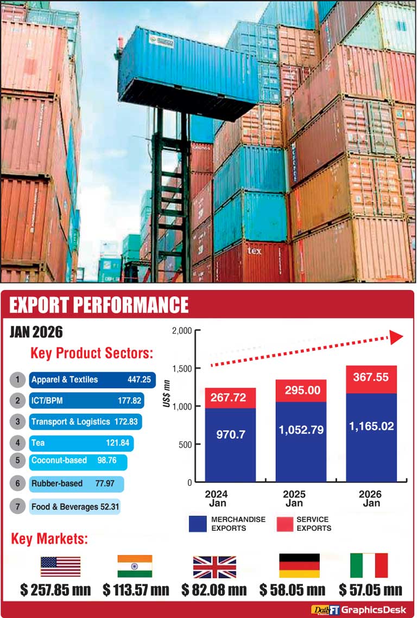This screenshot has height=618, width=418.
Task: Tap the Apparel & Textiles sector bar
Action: click(92, 379)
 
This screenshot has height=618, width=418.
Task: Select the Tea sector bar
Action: click(81, 443)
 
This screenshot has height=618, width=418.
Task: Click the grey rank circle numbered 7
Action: click(18, 507)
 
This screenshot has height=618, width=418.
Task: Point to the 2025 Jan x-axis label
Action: click(294, 498)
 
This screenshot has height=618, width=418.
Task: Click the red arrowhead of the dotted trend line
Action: click(396, 338)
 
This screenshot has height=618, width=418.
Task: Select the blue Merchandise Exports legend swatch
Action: click(198, 524)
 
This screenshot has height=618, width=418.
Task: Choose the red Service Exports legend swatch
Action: click(285, 524)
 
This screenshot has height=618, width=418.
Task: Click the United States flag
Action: click(60, 566)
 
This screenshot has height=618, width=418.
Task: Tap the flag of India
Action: click(135, 566)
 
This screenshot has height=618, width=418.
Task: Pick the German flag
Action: click(299, 566)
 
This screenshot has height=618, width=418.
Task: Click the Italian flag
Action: click(369, 566)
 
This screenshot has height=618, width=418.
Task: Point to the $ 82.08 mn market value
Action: click(214, 589)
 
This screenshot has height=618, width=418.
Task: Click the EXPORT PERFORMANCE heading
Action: click(99, 305)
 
